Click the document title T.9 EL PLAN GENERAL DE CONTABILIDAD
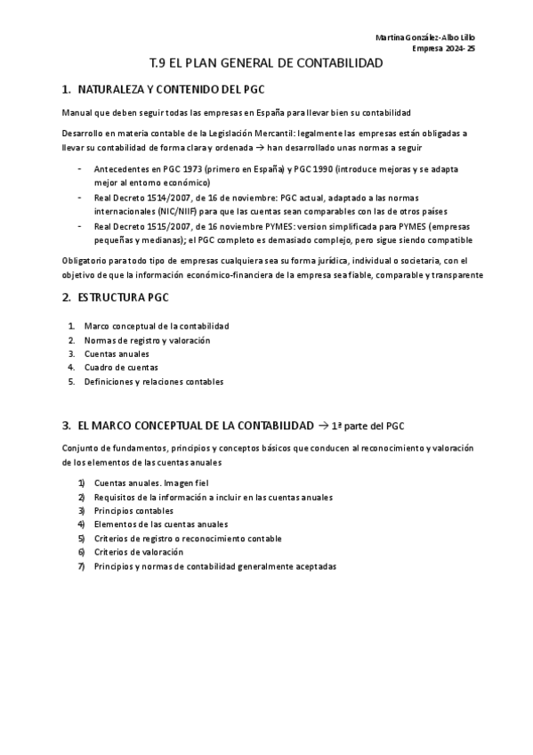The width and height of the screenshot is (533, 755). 266,63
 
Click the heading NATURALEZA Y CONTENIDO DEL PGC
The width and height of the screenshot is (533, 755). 171,90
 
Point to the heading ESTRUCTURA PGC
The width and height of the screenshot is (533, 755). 123,297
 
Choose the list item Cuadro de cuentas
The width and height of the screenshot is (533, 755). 121,367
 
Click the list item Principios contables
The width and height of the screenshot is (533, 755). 133,511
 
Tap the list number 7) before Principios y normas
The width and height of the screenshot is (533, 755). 81,566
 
